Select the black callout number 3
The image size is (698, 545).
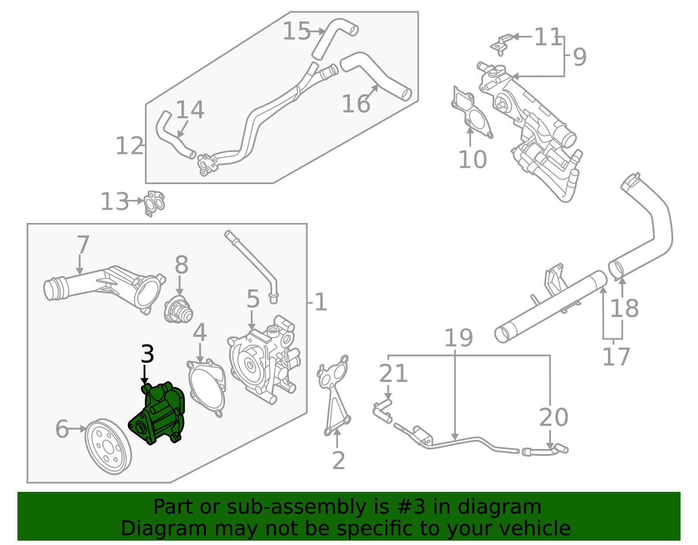tap(147, 354)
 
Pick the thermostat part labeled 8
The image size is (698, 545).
tap(178, 310)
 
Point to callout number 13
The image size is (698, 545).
tap(114, 202)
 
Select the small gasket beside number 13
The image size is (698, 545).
tap(154, 202)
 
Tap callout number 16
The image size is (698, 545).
tap(356, 104)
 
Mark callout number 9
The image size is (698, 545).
tap(579, 57)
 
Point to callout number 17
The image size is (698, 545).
tap(616, 357)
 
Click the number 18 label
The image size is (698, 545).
tap(624, 308)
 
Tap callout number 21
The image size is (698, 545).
tap(393, 374)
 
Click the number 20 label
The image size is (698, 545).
tap(554, 418)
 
